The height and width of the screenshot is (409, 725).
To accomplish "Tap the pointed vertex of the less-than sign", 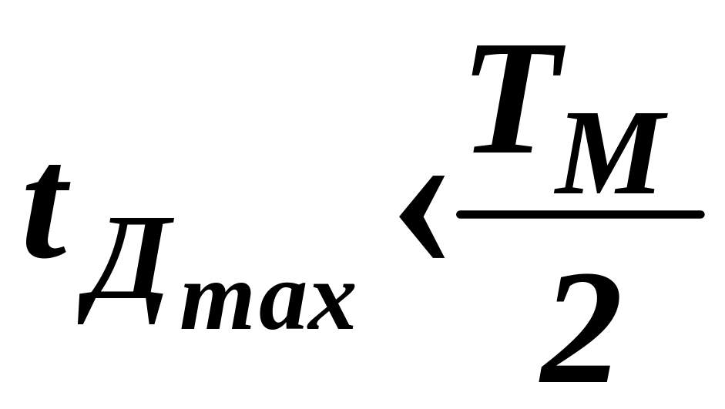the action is click(403, 218).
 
